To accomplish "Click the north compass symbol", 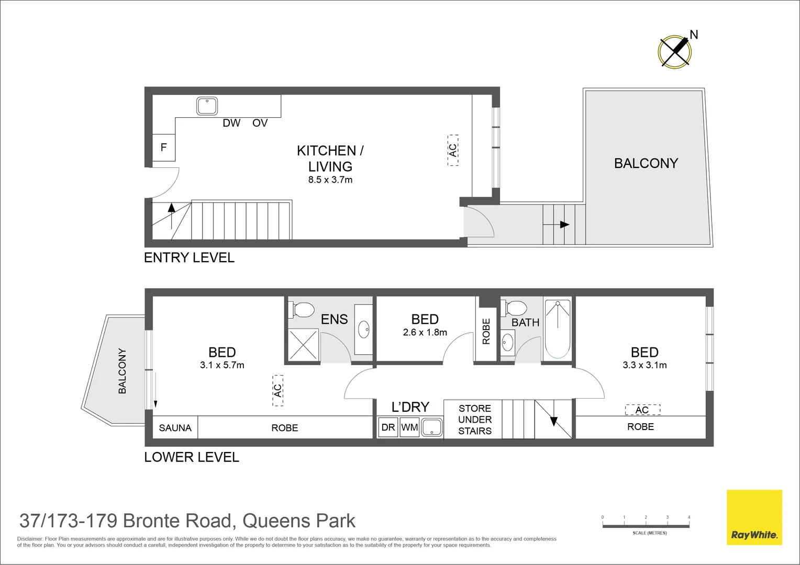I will point(674,52).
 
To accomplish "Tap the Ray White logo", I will point(754,517).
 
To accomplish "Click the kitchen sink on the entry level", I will point(207,106).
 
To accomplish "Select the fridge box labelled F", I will point(163,148).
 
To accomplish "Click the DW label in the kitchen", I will point(231,123).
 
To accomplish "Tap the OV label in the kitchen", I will point(260,123).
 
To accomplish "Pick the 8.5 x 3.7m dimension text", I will point(330,180).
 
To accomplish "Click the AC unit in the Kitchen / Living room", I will point(453,150).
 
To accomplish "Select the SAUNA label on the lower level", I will point(175,428).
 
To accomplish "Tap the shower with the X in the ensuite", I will point(303,344).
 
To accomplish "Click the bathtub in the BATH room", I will point(557,328).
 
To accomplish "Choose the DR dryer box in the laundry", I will point(388,427).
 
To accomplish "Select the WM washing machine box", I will point(409,427).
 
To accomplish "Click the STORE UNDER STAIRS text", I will point(474,420).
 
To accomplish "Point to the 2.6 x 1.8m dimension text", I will point(425,333).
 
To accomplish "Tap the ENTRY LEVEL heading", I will point(189,257).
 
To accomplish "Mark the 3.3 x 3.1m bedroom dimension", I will point(645,365).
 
